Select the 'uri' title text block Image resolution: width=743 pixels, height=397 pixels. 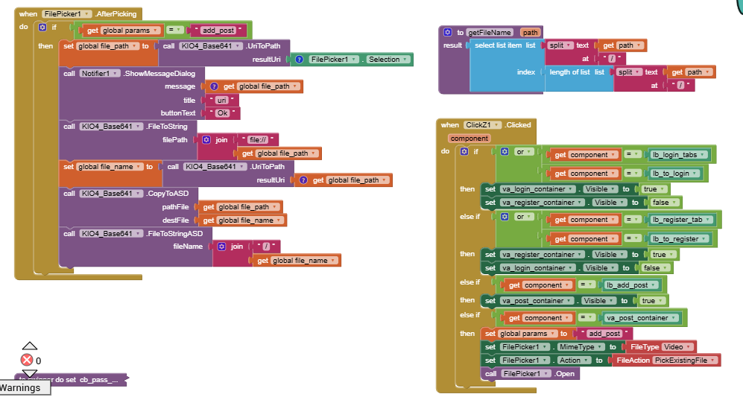[x=223, y=100]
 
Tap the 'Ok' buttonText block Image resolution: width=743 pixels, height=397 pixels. [x=223, y=113]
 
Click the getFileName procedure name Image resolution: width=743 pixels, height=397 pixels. [x=489, y=33]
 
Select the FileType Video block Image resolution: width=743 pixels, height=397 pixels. [x=662, y=346]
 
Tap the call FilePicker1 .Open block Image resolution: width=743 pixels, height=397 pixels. [x=530, y=373]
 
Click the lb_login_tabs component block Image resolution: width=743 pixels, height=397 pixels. [x=679, y=154]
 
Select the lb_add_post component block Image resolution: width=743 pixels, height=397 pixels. [x=632, y=285]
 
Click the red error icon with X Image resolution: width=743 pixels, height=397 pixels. [x=27, y=361]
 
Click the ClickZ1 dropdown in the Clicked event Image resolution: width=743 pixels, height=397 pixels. [x=483, y=125]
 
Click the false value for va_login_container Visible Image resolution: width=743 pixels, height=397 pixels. [x=658, y=267]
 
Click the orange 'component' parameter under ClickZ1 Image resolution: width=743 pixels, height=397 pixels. [x=469, y=138]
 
